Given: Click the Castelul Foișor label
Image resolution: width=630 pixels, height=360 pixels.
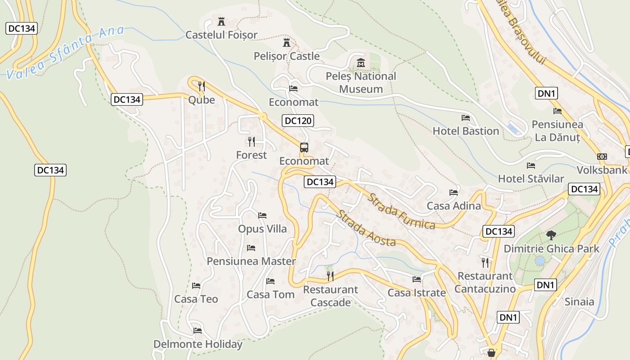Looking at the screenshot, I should [x=221, y=35].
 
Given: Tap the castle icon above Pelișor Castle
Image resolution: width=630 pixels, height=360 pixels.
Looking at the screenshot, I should [x=286, y=43].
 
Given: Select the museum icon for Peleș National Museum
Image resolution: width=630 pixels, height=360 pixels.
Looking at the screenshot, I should [x=360, y=63].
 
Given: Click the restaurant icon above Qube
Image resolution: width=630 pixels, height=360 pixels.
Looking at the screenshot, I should [x=202, y=85].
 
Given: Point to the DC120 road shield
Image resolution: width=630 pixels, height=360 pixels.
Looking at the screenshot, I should [x=298, y=121].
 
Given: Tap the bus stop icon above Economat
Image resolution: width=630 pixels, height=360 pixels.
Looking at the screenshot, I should [x=304, y=147].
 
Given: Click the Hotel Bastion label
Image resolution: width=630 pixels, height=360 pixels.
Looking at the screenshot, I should [x=466, y=131].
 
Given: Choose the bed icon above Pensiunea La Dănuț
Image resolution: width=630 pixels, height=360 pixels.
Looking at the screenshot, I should [x=558, y=111].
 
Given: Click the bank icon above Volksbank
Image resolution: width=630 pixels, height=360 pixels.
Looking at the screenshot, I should [x=602, y=157].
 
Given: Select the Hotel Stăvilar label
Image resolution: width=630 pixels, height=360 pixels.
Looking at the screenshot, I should [x=531, y=179].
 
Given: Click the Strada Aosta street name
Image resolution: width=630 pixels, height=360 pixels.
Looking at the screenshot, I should [x=365, y=228].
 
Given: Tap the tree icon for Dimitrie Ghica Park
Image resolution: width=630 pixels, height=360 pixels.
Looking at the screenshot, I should [x=550, y=235].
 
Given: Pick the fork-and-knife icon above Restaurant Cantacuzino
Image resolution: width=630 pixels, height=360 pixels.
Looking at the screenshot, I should [x=485, y=262].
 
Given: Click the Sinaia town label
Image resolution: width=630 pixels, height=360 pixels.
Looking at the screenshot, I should [x=580, y=301].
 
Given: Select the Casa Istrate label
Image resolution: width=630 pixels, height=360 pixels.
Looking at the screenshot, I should [x=417, y=293].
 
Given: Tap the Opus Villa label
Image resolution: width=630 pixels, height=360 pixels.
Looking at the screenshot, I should [x=262, y=229].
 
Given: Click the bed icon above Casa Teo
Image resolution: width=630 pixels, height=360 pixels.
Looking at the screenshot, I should [x=196, y=285].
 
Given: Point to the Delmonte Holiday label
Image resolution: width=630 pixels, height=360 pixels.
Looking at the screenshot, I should [x=198, y=344].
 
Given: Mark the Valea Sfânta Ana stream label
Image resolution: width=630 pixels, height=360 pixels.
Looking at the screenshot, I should [x=66, y=53].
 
